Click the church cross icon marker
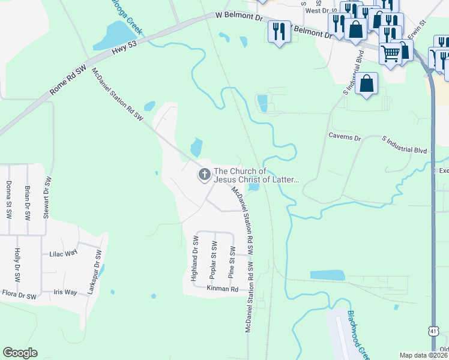204,175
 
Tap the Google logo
20,353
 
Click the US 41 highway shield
434,331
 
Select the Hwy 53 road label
125,47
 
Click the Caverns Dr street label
344,137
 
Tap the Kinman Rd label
223,289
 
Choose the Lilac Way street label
64,253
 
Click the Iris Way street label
65,292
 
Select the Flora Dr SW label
20,296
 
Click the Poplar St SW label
213,259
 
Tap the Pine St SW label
231,262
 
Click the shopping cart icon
391,55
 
